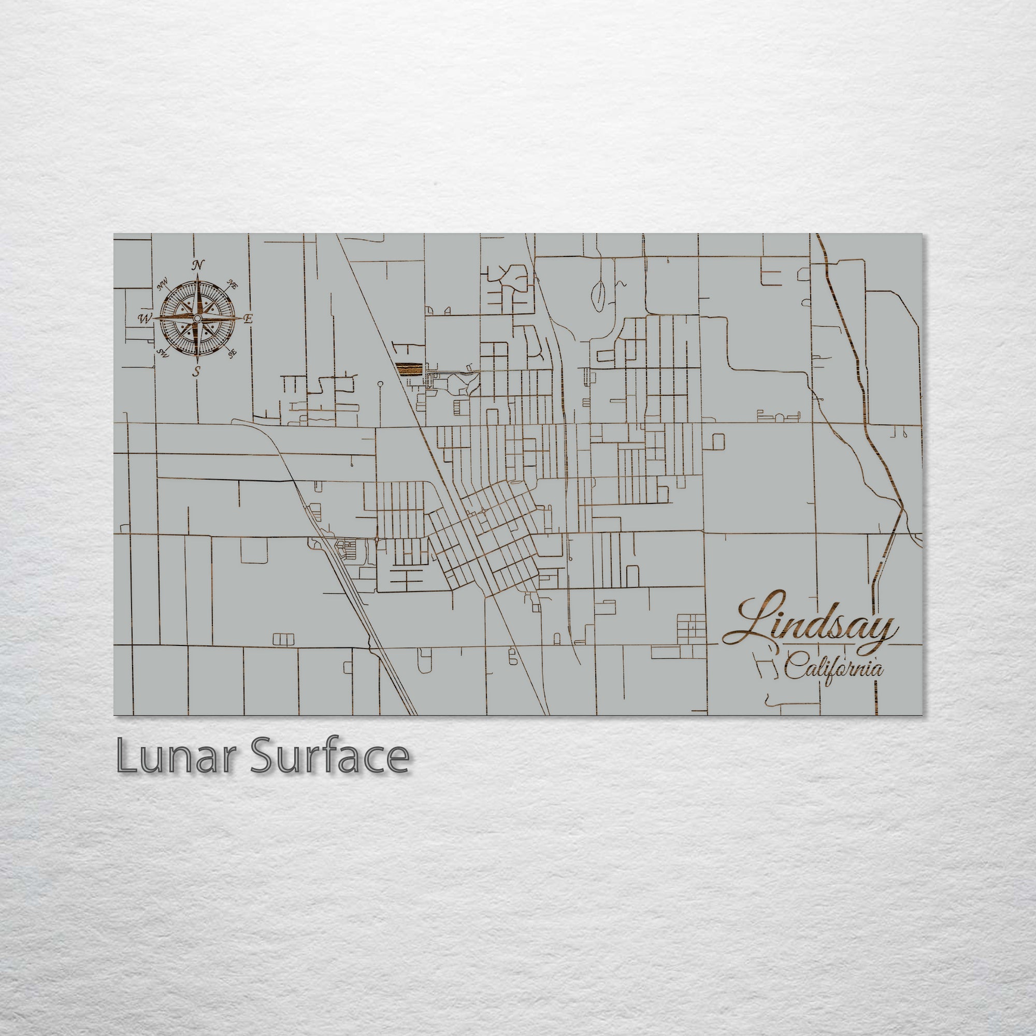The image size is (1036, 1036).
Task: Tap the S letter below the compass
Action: click(x=197, y=371)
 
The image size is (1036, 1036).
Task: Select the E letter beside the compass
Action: click(x=248, y=319)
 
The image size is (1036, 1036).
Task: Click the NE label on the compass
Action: click(x=233, y=284)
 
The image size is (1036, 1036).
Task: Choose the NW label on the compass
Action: click(x=163, y=286)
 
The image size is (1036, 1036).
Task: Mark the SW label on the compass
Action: click(x=163, y=352)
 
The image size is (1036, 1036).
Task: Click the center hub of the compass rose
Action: click(x=197, y=319)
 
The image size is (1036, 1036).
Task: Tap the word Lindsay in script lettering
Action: click(x=810, y=624)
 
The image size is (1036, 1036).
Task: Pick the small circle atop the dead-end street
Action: click(x=380, y=383)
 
